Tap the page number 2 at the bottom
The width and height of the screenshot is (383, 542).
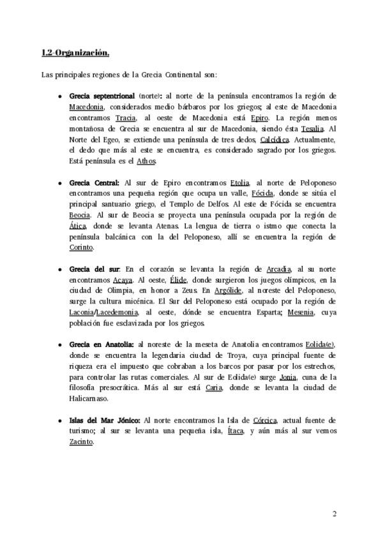click(x=335, y=513)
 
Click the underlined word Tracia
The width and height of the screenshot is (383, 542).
click(x=126, y=118)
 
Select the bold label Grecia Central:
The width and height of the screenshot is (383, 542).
click(x=94, y=182)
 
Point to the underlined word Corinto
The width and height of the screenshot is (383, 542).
click(x=82, y=247)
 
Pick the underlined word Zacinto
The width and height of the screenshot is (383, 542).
click(x=82, y=442)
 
